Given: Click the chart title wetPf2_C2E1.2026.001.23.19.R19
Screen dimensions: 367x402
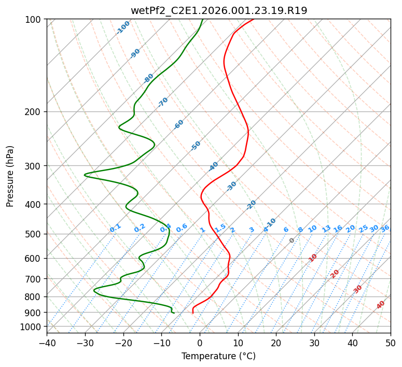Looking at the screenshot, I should click(218, 10).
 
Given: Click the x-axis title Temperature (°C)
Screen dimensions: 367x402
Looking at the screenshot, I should click(218, 357).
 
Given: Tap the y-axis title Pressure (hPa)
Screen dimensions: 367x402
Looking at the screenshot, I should click(10, 176).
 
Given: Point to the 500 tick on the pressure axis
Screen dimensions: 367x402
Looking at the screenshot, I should click(34, 234).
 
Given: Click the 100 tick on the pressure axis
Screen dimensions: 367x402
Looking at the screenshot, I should click(34, 19).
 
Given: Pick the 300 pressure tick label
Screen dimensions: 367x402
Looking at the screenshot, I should click(34, 166).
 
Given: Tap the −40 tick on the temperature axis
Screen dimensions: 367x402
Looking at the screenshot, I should click(47, 343).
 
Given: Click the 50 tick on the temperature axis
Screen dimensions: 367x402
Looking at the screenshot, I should click(391, 343).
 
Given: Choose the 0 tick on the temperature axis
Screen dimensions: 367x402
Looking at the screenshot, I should click(200, 343).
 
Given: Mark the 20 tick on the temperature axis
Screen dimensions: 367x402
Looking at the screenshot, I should click(276, 343).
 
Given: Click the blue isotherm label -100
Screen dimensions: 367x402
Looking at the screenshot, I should click(123, 27).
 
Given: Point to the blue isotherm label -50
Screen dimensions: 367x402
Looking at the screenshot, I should click(196, 146).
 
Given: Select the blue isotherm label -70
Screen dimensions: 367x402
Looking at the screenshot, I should click(163, 102).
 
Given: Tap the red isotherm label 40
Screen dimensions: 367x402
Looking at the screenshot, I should click(381, 305).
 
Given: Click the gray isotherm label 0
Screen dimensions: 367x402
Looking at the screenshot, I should click(292, 241).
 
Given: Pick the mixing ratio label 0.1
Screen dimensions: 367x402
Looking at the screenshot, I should click(115, 228).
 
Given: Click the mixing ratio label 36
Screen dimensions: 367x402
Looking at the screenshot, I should click(385, 228).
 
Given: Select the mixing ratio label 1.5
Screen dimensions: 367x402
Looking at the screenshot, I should click(220, 228).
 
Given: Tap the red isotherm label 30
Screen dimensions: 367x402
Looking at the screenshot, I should click(358, 289).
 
